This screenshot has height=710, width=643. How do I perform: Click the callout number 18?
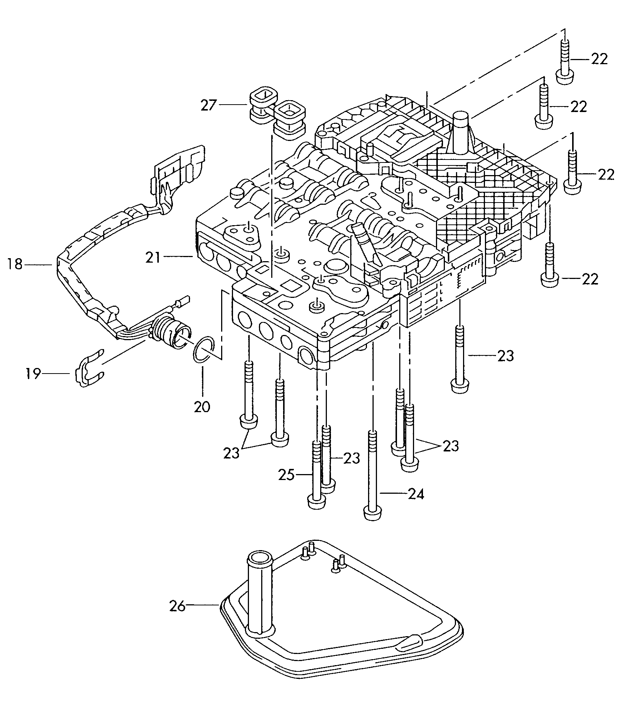(x=15, y=265)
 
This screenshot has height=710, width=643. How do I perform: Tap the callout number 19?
(x=33, y=374)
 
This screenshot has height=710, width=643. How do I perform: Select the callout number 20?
(x=202, y=407)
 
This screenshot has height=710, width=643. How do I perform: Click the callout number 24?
(x=416, y=494)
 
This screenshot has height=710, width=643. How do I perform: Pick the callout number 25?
(x=287, y=475)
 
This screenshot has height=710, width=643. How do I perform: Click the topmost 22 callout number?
(x=599, y=59)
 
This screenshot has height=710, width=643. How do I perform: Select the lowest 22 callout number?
(x=590, y=279)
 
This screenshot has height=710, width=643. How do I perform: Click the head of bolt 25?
(x=317, y=502)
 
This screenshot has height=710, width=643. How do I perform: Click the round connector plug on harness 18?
(x=171, y=329)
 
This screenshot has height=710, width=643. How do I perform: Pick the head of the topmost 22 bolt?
(x=565, y=78)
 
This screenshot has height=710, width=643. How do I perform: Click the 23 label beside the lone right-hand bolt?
(x=506, y=356)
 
